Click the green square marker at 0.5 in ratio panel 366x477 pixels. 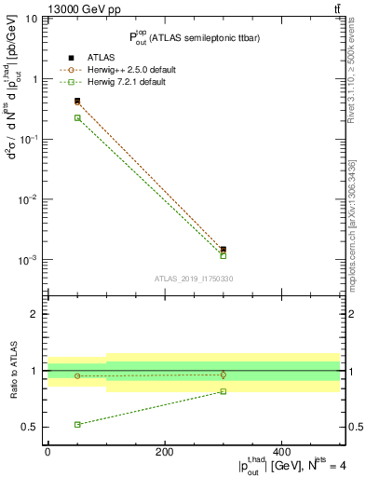pyautogui.click(x=77, y=425)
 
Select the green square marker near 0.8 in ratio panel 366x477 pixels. pyautogui.click(x=224, y=391)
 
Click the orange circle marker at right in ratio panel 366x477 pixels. pyautogui.click(x=224, y=375)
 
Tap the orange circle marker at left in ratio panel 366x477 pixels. pyautogui.click(x=77, y=376)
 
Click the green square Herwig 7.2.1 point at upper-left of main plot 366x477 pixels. pyautogui.click(x=77, y=117)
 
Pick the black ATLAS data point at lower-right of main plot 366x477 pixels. pyautogui.click(x=224, y=250)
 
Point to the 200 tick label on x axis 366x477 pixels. pyautogui.click(x=164, y=451)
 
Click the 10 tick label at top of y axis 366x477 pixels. pyautogui.click(x=29, y=19)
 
